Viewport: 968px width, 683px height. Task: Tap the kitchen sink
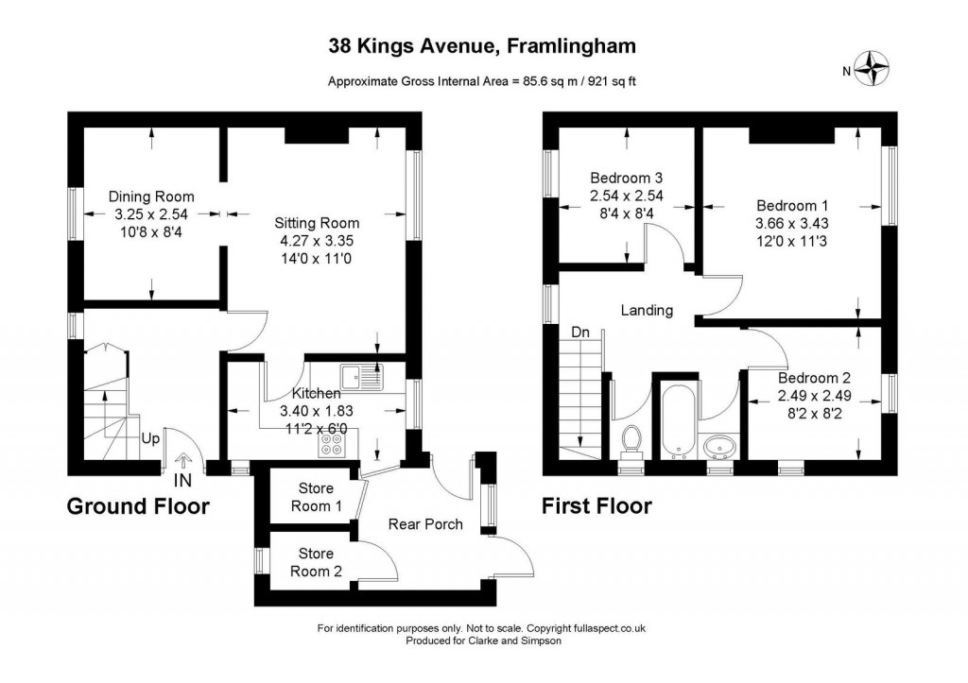pyautogui.click(x=361, y=377)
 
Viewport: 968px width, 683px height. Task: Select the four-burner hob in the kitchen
pyautogui.click(x=332, y=445)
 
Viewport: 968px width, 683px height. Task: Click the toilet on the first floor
pyautogui.click(x=631, y=441)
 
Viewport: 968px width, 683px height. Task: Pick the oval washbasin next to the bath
pyautogui.click(x=719, y=446)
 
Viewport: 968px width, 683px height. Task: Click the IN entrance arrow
pyautogui.click(x=182, y=461)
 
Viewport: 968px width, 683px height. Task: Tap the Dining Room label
pyautogui.click(x=151, y=196)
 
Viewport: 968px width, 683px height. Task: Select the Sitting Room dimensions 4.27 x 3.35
pyautogui.click(x=317, y=241)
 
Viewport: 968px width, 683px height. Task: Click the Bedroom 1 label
pyautogui.click(x=792, y=205)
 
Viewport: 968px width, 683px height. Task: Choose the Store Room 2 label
pyautogui.click(x=316, y=563)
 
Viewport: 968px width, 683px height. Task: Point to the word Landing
pyautogui.click(x=647, y=311)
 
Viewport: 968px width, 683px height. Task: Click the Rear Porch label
pyautogui.click(x=425, y=524)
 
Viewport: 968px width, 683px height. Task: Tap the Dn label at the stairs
pyautogui.click(x=580, y=333)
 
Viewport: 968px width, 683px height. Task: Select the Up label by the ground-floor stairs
pyautogui.click(x=150, y=438)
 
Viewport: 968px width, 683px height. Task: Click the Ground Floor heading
pyautogui.click(x=138, y=506)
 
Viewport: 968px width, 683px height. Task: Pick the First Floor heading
pyautogui.click(x=597, y=506)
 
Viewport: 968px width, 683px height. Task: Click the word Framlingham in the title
pyautogui.click(x=571, y=46)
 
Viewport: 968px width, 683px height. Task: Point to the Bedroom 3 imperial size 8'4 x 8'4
pyautogui.click(x=627, y=213)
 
